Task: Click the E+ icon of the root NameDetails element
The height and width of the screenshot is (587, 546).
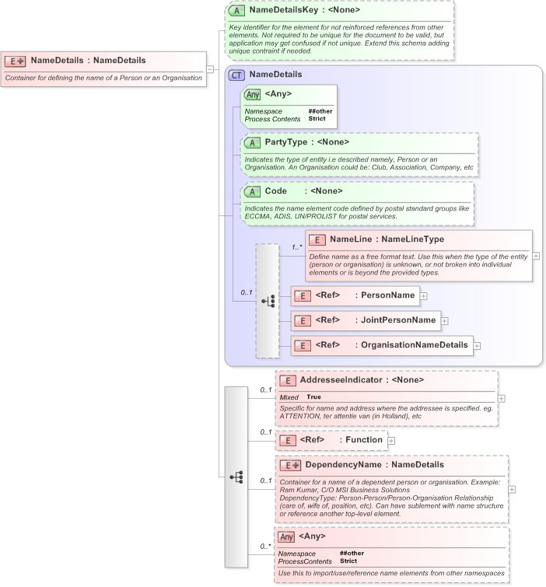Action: click(x=16, y=60)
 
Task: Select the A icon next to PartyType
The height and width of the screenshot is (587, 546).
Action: click(x=252, y=142)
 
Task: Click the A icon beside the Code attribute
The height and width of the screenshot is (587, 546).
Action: click(x=252, y=191)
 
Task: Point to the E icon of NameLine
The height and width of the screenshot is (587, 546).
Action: click(x=317, y=239)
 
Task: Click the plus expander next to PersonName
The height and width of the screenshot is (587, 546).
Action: click(x=423, y=295)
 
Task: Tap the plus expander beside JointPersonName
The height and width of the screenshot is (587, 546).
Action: click(x=445, y=320)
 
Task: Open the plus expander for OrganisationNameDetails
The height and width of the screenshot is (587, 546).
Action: click(x=477, y=345)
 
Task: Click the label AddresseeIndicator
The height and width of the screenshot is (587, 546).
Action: click(x=341, y=380)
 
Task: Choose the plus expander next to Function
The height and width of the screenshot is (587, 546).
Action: click(x=391, y=440)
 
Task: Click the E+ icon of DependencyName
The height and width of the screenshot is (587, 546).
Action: click(x=291, y=465)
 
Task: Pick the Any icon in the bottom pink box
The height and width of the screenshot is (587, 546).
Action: click(x=286, y=536)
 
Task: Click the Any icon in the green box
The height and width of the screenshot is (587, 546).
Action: click(x=252, y=94)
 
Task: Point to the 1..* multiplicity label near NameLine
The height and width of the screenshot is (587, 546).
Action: click(x=297, y=247)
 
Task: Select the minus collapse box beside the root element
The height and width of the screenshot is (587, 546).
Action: click(x=210, y=68)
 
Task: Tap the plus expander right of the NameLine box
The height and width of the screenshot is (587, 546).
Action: click(x=536, y=256)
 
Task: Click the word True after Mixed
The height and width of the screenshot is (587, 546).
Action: click(x=313, y=397)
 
